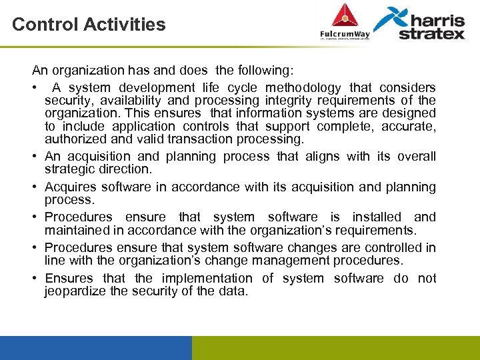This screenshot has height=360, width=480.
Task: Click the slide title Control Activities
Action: click(89, 25)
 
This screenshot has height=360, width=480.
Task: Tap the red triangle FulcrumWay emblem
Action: click(345, 15)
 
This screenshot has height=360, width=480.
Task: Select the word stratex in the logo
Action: click(431, 33)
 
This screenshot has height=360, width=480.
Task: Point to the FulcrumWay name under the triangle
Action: click(345, 33)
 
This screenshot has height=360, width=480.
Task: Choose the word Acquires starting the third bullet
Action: click(69, 187)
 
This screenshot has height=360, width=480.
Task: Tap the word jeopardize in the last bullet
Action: click(75, 291)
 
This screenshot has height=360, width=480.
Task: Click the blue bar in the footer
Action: click(95, 347)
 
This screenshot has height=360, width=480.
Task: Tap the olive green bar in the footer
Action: click(335, 347)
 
